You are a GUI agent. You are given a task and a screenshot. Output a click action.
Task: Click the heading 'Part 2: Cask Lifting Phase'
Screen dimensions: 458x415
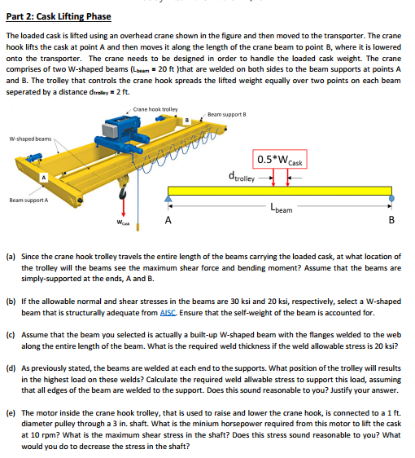point(59,16)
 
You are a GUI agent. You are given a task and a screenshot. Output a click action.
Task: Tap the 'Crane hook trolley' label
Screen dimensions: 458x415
point(155,108)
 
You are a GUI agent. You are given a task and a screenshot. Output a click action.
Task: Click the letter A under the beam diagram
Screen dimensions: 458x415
point(168,219)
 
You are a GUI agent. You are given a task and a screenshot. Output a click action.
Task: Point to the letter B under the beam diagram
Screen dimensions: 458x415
point(393,220)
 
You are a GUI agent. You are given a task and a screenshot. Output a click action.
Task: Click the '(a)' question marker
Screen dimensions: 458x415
point(11,257)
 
